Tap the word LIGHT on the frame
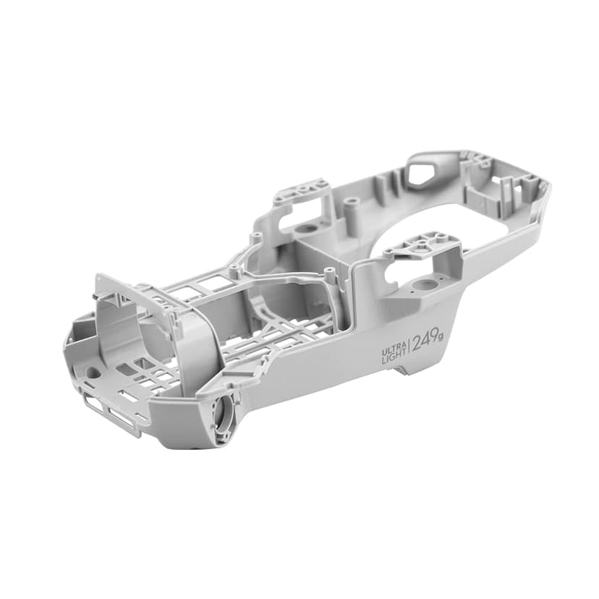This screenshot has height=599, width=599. pyautogui.click(x=394, y=360)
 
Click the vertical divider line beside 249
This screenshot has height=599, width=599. pyautogui.click(x=409, y=347)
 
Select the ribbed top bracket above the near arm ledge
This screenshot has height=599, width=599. pyautogui.click(x=420, y=244)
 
